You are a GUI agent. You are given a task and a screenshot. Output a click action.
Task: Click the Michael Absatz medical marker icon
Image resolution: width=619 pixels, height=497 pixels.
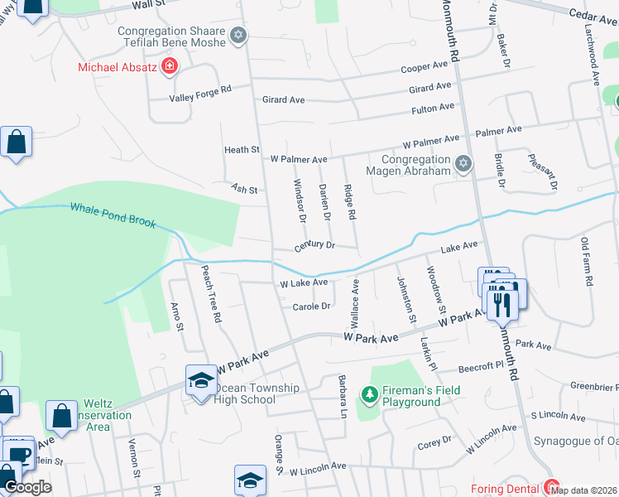click(x=170, y=66)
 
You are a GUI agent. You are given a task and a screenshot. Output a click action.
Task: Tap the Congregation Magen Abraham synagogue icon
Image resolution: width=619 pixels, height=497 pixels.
click(x=463, y=163)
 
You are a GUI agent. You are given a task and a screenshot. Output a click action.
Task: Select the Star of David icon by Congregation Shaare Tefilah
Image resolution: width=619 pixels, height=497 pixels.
click(x=238, y=36)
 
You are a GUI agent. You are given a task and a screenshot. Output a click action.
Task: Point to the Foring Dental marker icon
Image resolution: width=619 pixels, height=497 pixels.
click(x=549, y=488)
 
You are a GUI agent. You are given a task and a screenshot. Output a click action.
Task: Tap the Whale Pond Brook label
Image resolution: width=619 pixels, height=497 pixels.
click(x=113, y=215)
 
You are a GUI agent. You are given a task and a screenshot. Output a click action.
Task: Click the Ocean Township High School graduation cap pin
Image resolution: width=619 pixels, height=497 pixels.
click(x=200, y=379)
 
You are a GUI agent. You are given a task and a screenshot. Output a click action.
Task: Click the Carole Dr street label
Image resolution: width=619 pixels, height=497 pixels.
click(x=311, y=306)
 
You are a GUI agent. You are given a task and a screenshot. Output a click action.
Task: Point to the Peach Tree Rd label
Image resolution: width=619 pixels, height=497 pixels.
click(x=212, y=294)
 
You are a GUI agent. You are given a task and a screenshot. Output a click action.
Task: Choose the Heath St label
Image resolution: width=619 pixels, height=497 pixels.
click(x=242, y=150)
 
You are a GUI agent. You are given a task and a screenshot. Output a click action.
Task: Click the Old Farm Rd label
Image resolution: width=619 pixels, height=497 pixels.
click(x=587, y=262)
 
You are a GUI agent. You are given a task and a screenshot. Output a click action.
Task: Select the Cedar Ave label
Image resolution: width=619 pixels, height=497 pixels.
click(x=593, y=13)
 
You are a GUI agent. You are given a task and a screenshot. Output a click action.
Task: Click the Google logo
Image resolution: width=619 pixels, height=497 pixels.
click(x=26, y=487)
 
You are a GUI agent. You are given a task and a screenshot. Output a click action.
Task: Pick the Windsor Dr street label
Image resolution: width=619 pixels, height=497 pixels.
click(x=300, y=200)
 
